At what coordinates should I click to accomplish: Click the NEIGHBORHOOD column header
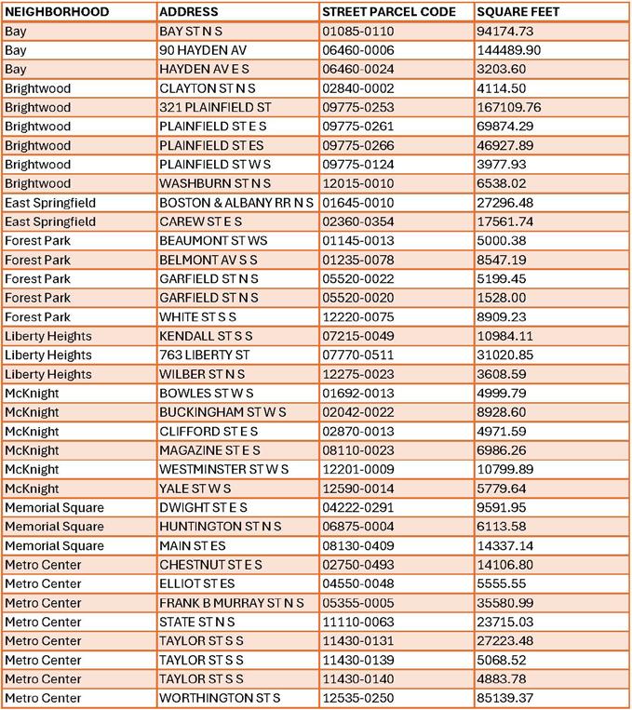coord(57,12)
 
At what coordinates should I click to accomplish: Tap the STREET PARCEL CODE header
coord(388,12)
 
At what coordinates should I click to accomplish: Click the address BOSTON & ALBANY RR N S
coord(222,203)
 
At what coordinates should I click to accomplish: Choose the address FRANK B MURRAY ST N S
coord(232,603)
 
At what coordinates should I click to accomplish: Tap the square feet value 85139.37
coord(504,698)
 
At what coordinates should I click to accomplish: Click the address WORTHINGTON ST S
coord(220,698)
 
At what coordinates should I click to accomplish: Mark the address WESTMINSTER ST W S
coord(224,469)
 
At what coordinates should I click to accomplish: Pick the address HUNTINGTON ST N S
coord(218,527)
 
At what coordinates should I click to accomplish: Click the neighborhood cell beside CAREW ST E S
coord(50,221)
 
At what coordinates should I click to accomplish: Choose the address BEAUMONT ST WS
coord(213,241)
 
